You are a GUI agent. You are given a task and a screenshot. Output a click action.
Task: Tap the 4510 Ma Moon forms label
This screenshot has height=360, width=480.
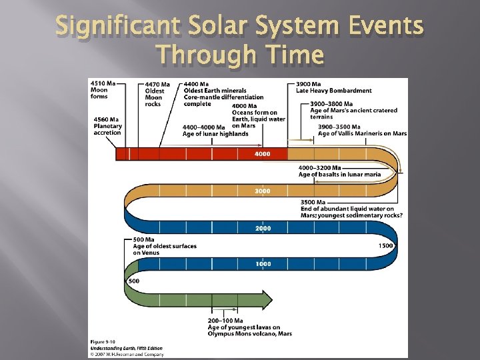click(103, 90)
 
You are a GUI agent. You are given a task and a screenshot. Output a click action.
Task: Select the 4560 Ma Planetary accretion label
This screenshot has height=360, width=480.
click(107, 126)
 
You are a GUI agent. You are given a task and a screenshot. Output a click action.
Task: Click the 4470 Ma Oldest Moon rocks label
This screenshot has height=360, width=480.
click(157, 94)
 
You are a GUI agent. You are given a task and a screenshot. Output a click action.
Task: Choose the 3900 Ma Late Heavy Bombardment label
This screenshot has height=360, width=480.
click(333, 87)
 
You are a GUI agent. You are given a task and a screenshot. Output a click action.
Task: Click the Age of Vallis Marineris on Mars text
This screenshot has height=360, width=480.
click(362, 133)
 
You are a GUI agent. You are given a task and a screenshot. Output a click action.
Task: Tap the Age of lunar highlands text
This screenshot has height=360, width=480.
click(215, 133)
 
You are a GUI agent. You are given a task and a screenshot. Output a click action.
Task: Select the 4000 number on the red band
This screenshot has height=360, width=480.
click(262, 155)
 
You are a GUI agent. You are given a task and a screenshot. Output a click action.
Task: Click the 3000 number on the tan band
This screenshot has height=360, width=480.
click(262, 191)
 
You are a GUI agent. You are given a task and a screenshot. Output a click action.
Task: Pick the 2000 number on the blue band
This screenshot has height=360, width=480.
click(262, 228)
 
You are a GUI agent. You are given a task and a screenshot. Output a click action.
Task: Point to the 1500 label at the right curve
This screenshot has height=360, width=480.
click(386, 246)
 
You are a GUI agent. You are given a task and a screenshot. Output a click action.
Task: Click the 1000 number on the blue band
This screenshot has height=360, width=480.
click(262, 264)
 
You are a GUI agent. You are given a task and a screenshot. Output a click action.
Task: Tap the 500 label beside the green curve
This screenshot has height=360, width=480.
click(133, 281)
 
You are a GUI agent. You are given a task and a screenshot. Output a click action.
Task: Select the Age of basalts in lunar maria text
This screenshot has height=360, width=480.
click(339, 174)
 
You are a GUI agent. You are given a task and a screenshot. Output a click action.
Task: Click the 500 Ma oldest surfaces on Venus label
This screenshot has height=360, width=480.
click(165, 246)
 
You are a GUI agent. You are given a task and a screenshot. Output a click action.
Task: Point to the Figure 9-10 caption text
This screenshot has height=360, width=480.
click(104, 342)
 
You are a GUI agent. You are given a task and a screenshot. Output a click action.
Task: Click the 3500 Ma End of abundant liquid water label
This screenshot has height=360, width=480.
click(351, 209)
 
